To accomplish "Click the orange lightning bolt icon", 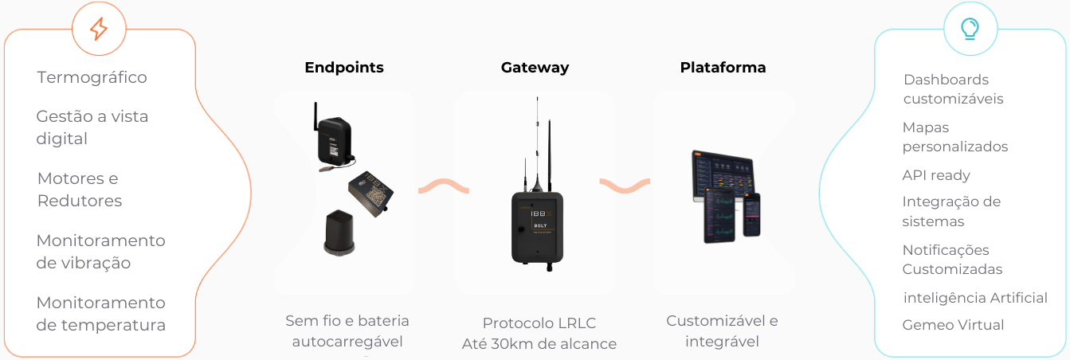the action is pyautogui.click(x=99, y=29).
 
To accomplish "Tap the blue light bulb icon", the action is pyautogui.click(x=970, y=29).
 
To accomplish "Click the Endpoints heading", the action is pyautogui.click(x=344, y=68).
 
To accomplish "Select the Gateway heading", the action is pyautogui.click(x=535, y=68).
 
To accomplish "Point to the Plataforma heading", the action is pyautogui.click(x=723, y=68).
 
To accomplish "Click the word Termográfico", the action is pyautogui.click(x=92, y=77).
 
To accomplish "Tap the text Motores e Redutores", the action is pyautogui.click(x=80, y=189).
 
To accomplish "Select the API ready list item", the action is pyautogui.click(x=936, y=175).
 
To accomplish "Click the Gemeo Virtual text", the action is pyautogui.click(x=953, y=325).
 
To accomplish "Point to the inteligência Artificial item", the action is pyautogui.click(x=975, y=297).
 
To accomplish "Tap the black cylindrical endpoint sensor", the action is pyautogui.click(x=339, y=233).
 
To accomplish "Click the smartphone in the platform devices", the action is pyautogui.click(x=751, y=215).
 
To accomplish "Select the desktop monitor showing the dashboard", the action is pyautogui.click(x=723, y=177).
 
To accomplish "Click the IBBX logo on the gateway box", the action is pyautogui.click(x=542, y=213).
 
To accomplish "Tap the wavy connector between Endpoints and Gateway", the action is pyautogui.click(x=443, y=186).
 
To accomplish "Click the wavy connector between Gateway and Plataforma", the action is pyautogui.click(x=625, y=186).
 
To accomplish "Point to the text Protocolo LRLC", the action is pyautogui.click(x=539, y=323).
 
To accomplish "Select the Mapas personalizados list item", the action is pyautogui.click(x=955, y=136).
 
